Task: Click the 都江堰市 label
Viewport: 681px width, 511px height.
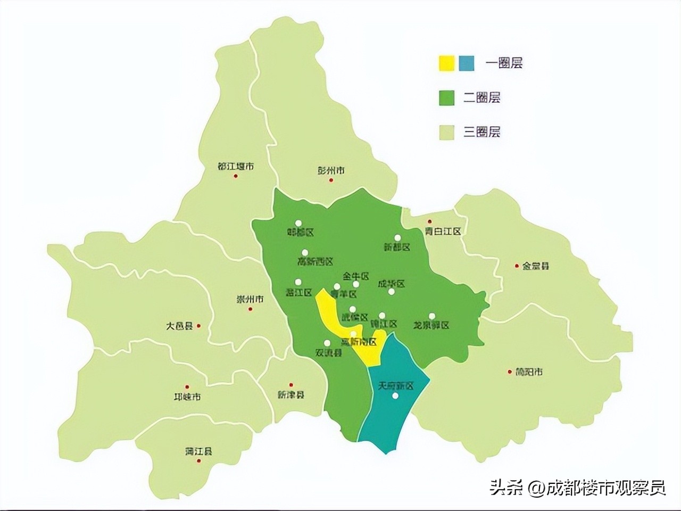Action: point(236,166)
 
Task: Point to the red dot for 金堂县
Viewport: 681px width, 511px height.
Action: point(516,266)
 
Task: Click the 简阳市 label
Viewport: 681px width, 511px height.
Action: point(529,372)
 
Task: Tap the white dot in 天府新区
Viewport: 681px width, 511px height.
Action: point(395,396)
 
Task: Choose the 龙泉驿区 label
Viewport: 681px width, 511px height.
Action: point(431,325)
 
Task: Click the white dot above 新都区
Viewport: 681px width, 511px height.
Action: point(397,238)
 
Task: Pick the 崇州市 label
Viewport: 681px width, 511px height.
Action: point(250,299)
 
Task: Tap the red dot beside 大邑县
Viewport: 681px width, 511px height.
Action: point(198,326)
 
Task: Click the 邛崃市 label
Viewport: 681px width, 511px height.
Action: point(187,397)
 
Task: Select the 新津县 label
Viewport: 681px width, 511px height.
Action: point(290,394)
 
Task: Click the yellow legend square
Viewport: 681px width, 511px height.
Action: point(446,63)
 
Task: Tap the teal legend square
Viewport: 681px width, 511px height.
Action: point(467,63)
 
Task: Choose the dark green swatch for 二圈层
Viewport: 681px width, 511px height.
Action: point(446,98)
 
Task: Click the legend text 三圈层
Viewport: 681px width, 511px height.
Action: point(481,132)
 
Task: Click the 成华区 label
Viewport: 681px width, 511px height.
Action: point(391,284)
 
